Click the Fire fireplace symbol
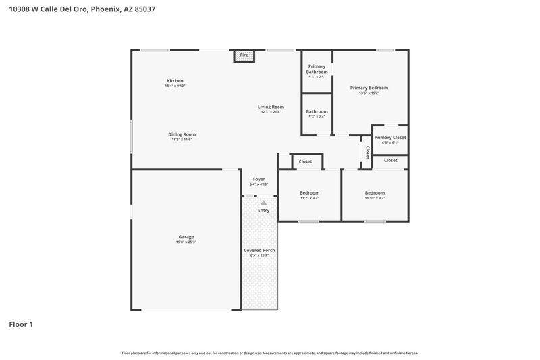[244, 55]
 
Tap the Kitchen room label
[175, 81]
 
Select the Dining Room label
[182, 134]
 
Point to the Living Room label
[271, 107]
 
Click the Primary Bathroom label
[317, 69]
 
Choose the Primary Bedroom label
[369, 88]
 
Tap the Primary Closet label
[390, 137]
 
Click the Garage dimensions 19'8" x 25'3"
[186, 242]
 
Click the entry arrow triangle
[263, 202]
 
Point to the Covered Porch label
[259, 250]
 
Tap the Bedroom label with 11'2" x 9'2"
[309, 193]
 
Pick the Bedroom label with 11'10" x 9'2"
[375, 193]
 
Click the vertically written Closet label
[367, 153]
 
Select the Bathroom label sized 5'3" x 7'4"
[317, 111]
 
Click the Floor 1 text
[21, 324]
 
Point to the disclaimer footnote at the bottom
[269, 353]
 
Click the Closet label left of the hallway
[305, 161]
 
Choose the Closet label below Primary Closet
[390, 161]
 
